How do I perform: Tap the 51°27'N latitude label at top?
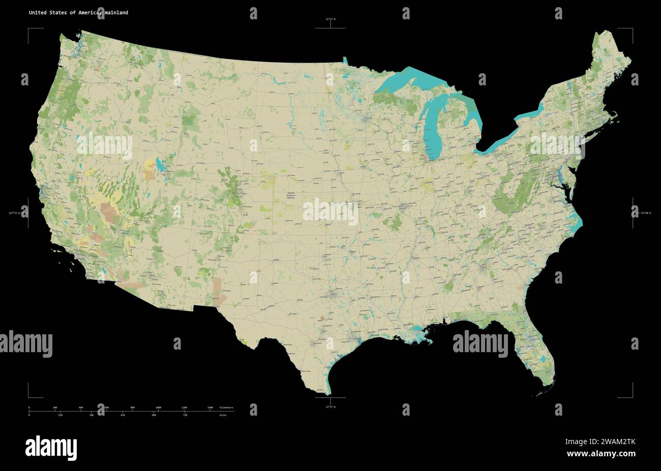point(330,19)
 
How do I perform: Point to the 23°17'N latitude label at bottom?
point(330,406)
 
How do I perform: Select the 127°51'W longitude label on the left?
point(15,213)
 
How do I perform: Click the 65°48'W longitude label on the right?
point(645,213)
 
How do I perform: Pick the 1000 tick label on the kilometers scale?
point(158,407)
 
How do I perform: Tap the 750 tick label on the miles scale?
point(185,416)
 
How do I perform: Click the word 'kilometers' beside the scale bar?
point(227,407)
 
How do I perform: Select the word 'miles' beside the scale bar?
point(223,416)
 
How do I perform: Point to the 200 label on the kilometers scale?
point(55,407)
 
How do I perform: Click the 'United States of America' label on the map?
point(290,195)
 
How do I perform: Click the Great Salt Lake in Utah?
point(161,165)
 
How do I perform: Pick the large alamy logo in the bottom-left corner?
point(51,447)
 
